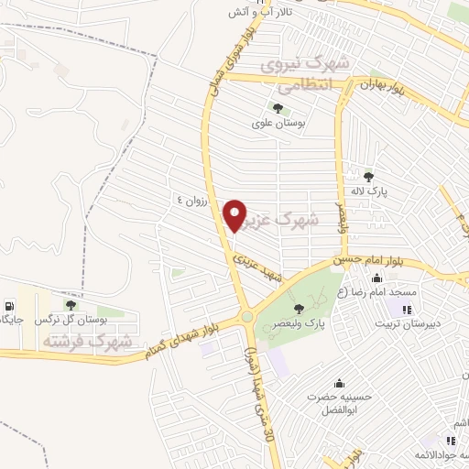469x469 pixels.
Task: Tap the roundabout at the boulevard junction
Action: click(x=247, y=318)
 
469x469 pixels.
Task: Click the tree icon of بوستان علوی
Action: click(x=277, y=109)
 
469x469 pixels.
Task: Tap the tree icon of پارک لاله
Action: click(x=368, y=177)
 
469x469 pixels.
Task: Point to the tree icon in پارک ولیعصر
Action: click(x=300, y=309)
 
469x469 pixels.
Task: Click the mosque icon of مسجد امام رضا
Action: click(x=376, y=278)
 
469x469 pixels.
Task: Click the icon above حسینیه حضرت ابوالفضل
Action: click(x=340, y=382)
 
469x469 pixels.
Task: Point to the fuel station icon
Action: click(x=9, y=305)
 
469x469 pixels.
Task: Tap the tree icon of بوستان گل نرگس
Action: click(x=71, y=305)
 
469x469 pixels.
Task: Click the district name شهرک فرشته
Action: click(x=87, y=342)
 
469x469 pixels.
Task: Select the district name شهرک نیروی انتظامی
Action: click(x=306, y=76)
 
